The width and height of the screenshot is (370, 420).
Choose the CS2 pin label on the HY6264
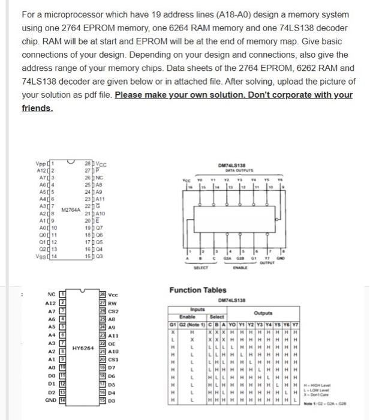[x=113, y=311]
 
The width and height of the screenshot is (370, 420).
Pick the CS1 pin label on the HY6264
[x=113, y=359]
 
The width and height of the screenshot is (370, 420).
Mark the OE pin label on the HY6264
[x=112, y=343]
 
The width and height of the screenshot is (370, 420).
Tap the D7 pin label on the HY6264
[x=112, y=367]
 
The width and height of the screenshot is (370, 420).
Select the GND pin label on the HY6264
[x=50, y=398]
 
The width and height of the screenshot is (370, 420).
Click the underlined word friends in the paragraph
[x=37, y=109]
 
